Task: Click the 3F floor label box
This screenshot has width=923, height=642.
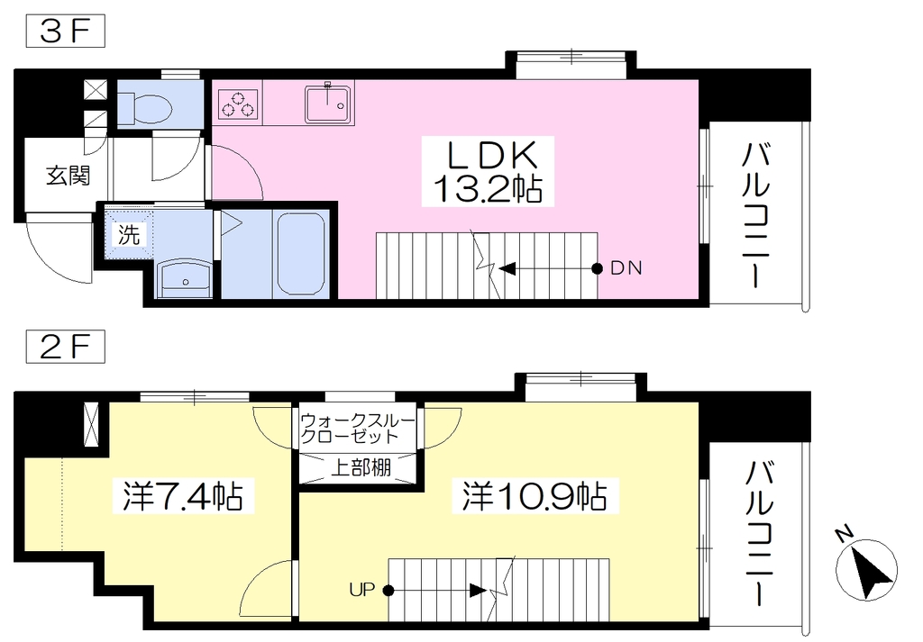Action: pyautogui.click(x=65, y=32)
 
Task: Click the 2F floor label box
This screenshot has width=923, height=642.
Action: pyautogui.click(x=65, y=348)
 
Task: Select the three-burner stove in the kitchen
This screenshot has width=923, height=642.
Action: pyautogui.click(x=238, y=104)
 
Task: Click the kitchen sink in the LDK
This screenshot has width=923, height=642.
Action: pyautogui.click(x=329, y=104)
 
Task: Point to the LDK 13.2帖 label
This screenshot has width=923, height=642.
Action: pyautogui.click(x=488, y=172)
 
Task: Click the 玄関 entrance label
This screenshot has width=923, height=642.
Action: pyautogui.click(x=69, y=176)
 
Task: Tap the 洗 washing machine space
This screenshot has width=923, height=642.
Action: pyautogui.click(x=129, y=235)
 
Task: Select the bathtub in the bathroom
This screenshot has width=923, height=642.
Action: pyautogui.click(x=301, y=254)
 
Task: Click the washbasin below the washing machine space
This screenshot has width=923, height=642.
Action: pyautogui.click(x=186, y=277)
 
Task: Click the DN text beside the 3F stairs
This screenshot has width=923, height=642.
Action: pyautogui.click(x=626, y=268)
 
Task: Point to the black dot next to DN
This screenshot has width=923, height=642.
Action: pyautogui.click(x=597, y=268)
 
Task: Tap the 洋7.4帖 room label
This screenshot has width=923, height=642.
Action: pyautogui.click(x=182, y=497)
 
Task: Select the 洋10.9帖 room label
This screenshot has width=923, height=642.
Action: pyautogui.click(x=534, y=497)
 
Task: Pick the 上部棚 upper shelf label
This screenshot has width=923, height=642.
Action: pyautogui.click(x=361, y=468)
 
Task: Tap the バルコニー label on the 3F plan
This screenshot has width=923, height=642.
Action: pyautogui.click(x=755, y=215)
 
